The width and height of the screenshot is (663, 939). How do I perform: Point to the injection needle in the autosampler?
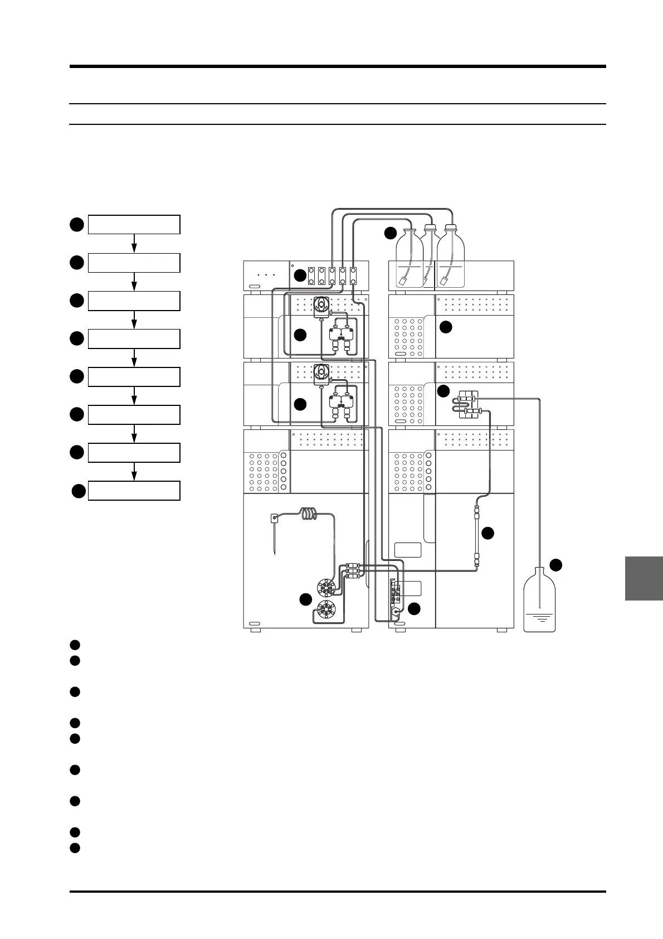click(275, 538)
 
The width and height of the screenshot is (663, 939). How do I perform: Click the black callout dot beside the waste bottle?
click(556, 565)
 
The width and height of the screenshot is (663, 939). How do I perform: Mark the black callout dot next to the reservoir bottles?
click(391, 234)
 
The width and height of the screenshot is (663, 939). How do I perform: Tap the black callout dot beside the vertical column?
click(488, 533)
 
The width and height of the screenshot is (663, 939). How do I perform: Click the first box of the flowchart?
click(134, 224)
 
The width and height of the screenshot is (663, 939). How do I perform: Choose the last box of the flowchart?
click(134, 491)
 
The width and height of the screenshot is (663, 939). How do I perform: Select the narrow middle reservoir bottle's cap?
click(429, 228)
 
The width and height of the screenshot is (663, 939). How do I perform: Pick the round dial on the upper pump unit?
click(321, 304)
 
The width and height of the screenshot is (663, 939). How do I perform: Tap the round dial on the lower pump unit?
click(321, 371)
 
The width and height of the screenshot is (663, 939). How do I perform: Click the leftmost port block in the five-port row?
click(311, 275)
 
